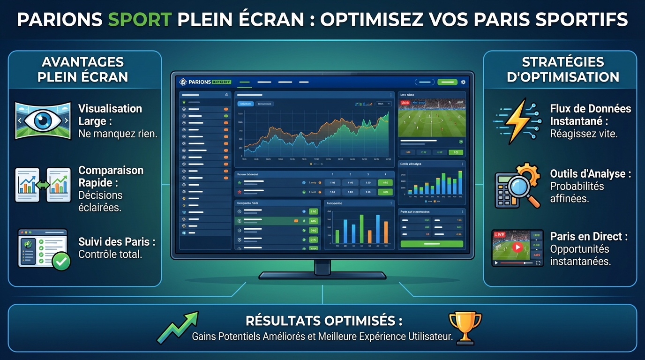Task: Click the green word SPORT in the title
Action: tap(140, 20)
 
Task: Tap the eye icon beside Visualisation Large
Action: tap(43, 120)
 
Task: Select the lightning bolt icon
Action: tap(514, 121)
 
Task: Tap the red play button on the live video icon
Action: tap(517, 247)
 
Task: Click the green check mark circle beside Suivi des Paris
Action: tap(61, 261)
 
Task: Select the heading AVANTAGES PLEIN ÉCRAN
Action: tap(83, 69)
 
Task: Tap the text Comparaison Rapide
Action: tap(111, 176)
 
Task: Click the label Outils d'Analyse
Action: tap(590, 174)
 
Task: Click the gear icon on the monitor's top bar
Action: tap(463, 82)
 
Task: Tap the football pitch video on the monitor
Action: tap(431, 118)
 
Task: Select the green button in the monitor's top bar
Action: tap(447, 82)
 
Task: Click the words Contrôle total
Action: tap(110, 255)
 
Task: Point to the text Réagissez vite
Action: tap(584, 134)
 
